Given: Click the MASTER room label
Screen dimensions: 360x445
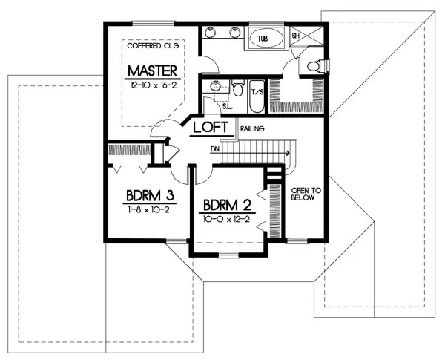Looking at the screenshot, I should point(151,71).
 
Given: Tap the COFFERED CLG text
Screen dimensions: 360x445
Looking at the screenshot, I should point(152,45).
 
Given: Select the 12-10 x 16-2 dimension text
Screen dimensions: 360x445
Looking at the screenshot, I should point(151,86).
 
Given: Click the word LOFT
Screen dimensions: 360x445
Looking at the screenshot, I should point(208,128).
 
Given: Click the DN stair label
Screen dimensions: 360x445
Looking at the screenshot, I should point(215,148).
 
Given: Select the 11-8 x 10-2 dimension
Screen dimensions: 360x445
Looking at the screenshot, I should point(148,211).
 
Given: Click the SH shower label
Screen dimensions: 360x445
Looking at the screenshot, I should point(295,35).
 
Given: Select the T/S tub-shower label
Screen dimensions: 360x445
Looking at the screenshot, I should point(259,93).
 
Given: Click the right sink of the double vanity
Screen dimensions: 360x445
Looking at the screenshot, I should point(235,32).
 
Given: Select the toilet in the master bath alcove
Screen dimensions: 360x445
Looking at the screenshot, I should point(313,66).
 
